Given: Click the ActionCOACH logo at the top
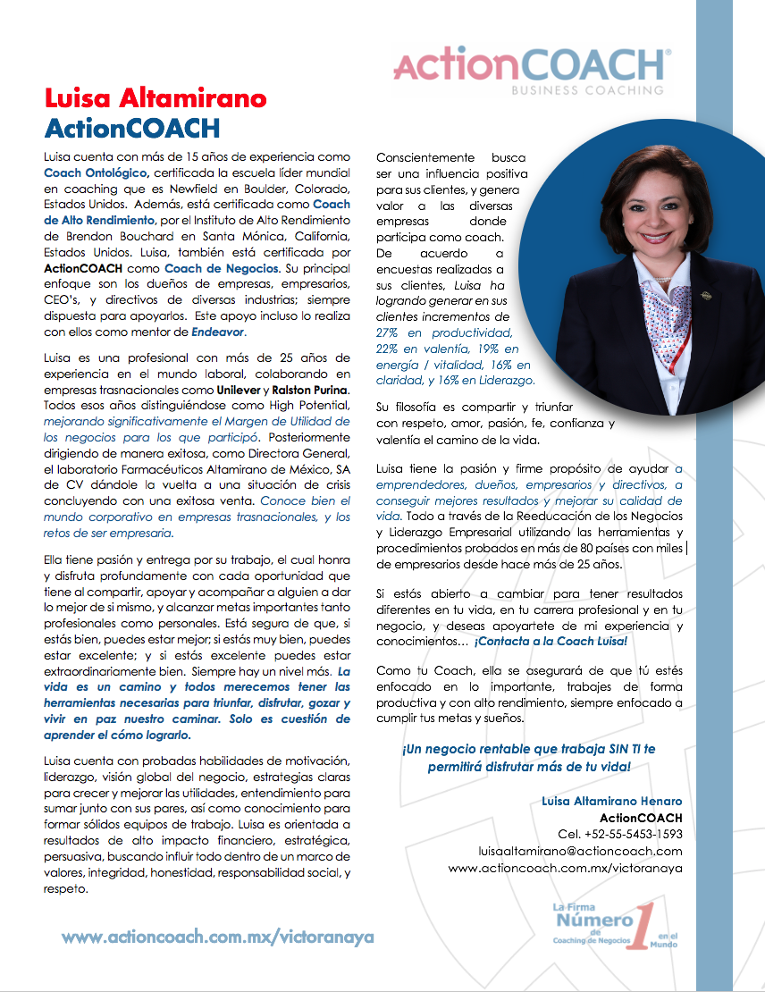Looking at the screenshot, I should pyautogui.click(x=531, y=66).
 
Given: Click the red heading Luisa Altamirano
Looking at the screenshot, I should pyautogui.click(x=156, y=97).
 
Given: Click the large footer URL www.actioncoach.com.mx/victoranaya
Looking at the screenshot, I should pyautogui.click(x=218, y=937).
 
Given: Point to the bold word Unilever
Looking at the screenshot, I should pyautogui.click(x=239, y=390).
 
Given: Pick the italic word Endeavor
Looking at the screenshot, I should pyautogui.click(x=217, y=332).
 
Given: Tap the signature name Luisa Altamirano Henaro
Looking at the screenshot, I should pyautogui.click(x=611, y=801).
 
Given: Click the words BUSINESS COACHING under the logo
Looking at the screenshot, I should pyautogui.click(x=586, y=90).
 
